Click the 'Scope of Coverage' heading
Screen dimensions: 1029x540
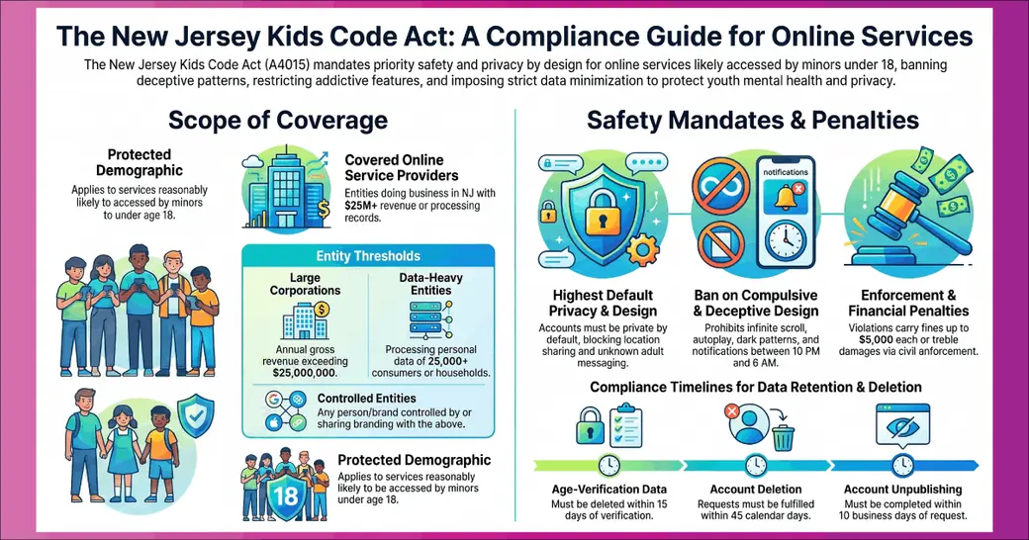278,121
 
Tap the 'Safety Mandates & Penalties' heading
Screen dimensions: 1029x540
753,120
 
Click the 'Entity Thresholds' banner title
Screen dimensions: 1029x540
368,256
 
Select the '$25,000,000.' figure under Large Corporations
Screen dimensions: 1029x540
305,373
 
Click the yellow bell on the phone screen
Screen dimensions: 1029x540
785,198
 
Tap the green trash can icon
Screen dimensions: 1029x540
783,438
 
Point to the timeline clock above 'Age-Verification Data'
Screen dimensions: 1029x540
609,465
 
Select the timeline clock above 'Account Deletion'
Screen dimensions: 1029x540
756,465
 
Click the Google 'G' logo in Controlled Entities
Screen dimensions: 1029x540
274,399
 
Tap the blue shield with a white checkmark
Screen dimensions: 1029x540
195,416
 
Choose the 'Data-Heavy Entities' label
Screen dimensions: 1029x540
430,284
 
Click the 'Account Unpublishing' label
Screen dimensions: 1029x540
903,490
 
